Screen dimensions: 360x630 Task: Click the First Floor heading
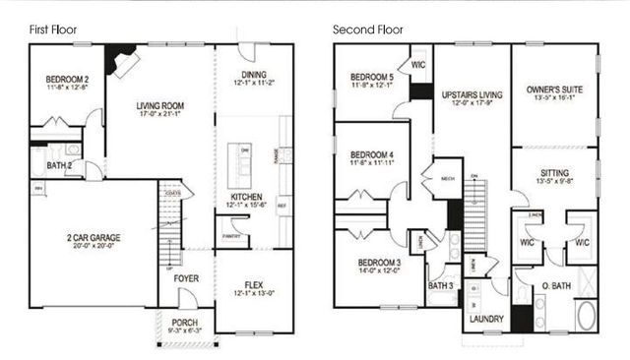pos(53,30)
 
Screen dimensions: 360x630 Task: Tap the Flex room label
pos(254,285)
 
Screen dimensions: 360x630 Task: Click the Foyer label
pos(186,278)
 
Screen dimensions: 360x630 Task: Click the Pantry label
pos(232,236)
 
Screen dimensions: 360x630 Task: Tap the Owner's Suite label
pos(554,90)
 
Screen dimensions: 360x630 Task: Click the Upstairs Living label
pos(472,95)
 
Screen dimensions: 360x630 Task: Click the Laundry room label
pos(487,319)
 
